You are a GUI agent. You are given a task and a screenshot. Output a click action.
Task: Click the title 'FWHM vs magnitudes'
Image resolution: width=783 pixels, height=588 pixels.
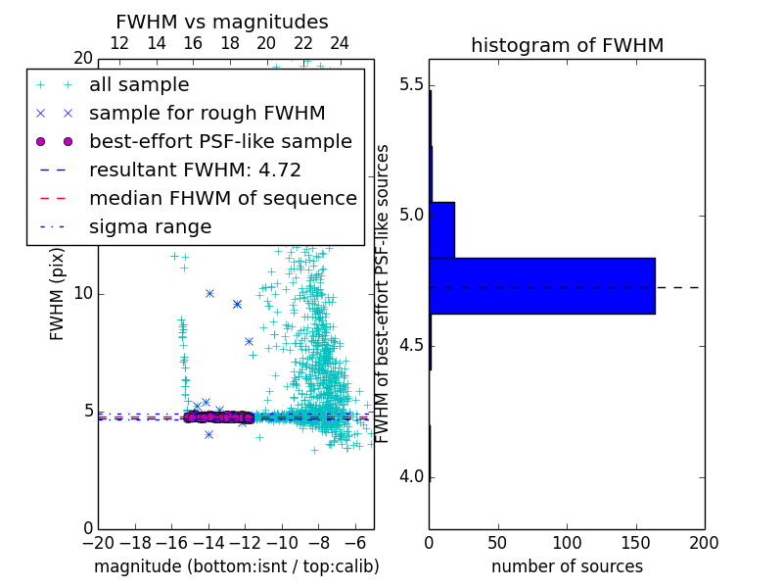click(x=221, y=22)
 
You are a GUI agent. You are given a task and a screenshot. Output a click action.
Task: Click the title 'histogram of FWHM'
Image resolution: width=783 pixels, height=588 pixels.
click(x=567, y=45)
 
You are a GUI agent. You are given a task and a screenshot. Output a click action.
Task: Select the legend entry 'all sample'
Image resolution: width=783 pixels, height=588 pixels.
click(x=139, y=85)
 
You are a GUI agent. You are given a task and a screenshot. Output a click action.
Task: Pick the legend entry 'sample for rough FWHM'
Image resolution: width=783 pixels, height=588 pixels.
click(x=207, y=114)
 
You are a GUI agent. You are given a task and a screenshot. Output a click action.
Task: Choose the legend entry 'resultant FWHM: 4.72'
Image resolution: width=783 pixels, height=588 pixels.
click(x=195, y=171)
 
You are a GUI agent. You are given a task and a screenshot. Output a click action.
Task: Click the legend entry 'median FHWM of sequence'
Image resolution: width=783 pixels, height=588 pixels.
click(x=222, y=199)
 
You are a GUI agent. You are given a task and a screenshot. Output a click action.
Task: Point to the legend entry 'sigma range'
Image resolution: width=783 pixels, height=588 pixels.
click(x=150, y=227)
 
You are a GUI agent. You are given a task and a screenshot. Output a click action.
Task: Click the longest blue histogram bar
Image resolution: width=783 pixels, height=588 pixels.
click(x=541, y=285)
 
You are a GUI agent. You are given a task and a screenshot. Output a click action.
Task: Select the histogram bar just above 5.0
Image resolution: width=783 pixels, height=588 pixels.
click(x=441, y=229)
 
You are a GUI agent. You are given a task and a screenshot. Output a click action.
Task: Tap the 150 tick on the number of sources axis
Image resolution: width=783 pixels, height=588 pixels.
click(x=635, y=542)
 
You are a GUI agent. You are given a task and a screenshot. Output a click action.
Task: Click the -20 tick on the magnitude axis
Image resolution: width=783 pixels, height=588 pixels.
click(x=98, y=542)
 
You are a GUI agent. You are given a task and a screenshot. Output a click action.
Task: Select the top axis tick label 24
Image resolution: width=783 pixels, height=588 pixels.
click(x=340, y=43)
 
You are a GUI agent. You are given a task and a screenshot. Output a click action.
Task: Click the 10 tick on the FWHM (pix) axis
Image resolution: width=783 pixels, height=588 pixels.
click(x=83, y=293)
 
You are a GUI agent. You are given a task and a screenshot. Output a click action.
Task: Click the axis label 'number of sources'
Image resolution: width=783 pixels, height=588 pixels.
click(x=567, y=566)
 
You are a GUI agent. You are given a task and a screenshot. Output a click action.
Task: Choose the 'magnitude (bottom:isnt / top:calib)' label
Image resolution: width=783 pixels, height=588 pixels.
click(x=236, y=566)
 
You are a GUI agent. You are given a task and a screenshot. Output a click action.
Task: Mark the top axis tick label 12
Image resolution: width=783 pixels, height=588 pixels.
click(x=119, y=43)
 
